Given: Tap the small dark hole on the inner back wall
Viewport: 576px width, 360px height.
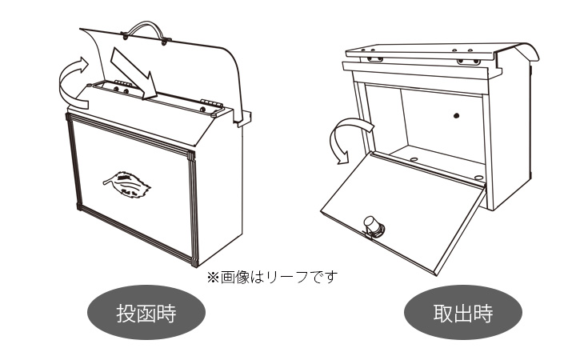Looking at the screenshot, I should [x=456, y=117].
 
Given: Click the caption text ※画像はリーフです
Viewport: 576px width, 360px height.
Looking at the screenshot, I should [x=273, y=277].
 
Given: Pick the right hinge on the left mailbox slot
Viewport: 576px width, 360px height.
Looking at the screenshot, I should [x=209, y=105].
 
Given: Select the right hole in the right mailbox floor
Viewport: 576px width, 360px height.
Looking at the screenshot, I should [x=478, y=177].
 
